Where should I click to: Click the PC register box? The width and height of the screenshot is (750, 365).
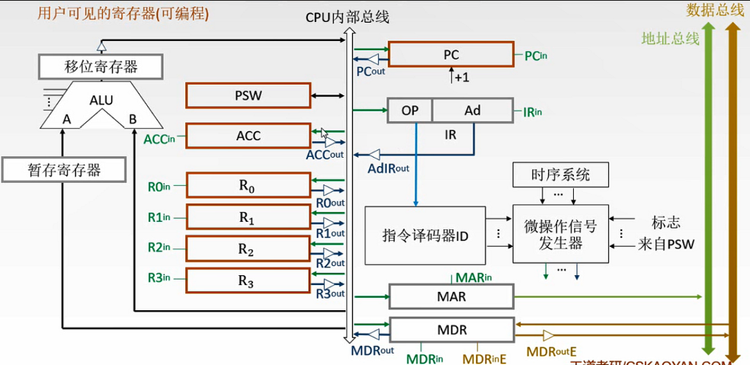tap(450, 55)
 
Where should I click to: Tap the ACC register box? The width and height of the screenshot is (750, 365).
tap(248, 136)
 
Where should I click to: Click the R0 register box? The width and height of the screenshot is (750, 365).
tap(248, 184)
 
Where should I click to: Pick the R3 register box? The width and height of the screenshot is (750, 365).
tap(248, 280)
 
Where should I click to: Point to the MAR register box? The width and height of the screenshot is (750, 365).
tap(451, 296)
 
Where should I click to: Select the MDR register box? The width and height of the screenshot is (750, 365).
tap(451, 330)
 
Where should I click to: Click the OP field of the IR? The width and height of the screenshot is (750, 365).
tap(410, 110)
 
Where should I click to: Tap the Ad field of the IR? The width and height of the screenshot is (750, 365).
tap(473, 110)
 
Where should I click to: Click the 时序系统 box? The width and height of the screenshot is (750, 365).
tap(561, 174)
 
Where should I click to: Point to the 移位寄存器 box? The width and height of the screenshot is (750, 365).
tap(101, 67)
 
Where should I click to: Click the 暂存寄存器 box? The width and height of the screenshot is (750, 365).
tap(62, 169)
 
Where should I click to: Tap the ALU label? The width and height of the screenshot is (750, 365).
tap(101, 100)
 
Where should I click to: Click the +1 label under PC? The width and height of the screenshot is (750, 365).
tap(461, 78)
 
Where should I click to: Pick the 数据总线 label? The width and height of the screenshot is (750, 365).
tap(715, 10)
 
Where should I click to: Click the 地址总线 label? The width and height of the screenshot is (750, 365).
tap(670, 38)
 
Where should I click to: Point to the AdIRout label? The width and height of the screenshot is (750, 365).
tap(389, 168)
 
